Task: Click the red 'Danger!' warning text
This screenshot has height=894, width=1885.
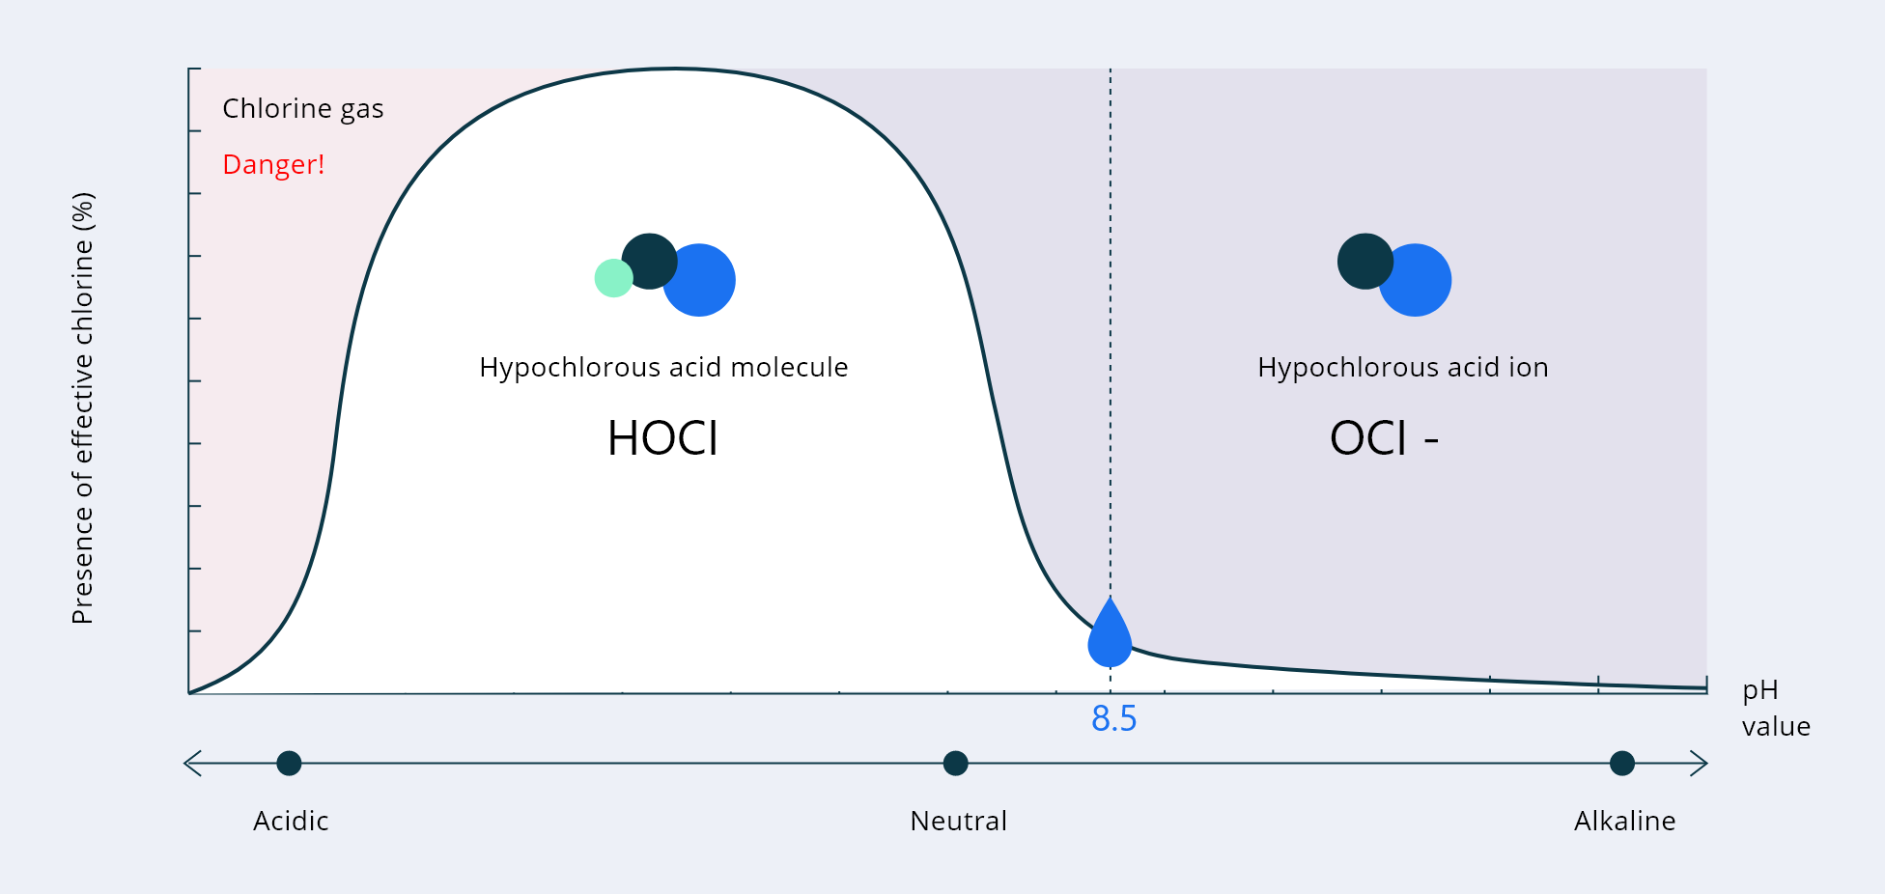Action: pyautogui.click(x=273, y=165)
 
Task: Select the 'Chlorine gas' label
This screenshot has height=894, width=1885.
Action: pyautogui.click(x=303, y=109)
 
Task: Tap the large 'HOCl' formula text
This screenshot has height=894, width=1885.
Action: pyautogui.click(x=662, y=438)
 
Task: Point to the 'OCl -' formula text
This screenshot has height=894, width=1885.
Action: pyautogui.click(x=1384, y=438)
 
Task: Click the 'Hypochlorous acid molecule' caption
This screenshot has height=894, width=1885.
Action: pyautogui.click(x=663, y=368)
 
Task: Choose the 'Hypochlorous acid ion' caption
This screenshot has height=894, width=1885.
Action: pyautogui.click(x=1402, y=368)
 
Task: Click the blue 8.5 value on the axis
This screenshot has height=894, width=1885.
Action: pyautogui.click(x=1113, y=719)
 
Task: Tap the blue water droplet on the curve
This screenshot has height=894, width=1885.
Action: pyautogui.click(x=1110, y=634)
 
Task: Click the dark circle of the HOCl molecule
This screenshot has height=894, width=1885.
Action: pyautogui.click(x=649, y=261)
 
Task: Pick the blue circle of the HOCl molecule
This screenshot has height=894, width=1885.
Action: pyautogui.click(x=700, y=280)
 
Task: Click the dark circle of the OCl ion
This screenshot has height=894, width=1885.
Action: pyautogui.click(x=1365, y=261)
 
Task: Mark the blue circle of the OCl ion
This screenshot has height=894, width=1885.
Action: pyautogui.click(x=1416, y=280)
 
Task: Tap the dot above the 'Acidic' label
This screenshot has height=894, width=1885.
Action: pyautogui.click(x=289, y=764)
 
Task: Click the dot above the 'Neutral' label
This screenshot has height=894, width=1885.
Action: pyautogui.click(x=955, y=764)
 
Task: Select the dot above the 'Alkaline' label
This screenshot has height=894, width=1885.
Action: pyautogui.click(x=1622, y=764)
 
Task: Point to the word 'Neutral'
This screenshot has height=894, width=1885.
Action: pyautogui.click(x=958, y=822)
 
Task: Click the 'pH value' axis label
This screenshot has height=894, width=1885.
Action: pyautogui.click(x=1776, y=709)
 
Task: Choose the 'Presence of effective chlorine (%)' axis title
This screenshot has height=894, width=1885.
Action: pyautogui.click(x=83, y=408)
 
